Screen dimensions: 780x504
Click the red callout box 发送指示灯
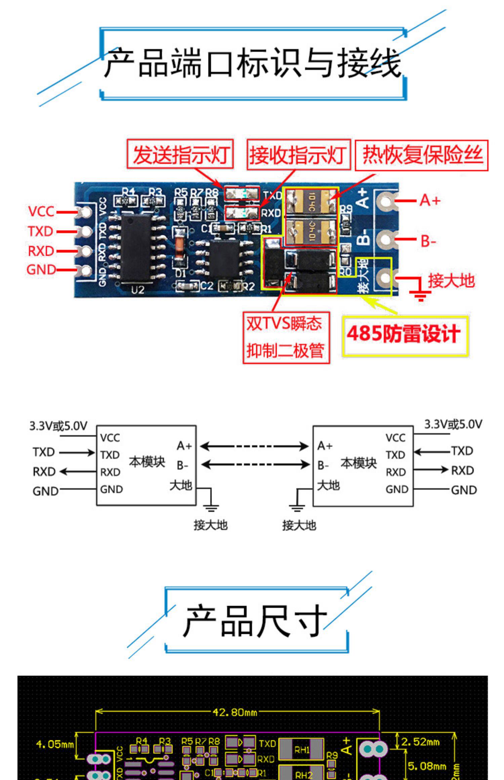tap(180, 154)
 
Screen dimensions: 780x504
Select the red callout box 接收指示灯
tap(298, 155)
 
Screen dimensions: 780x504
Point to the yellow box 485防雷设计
tap(405, 335)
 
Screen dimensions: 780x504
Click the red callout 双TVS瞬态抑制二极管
tap(286, 337)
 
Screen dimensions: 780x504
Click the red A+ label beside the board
tap(430, 201)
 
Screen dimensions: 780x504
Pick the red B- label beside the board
tap(428, 241)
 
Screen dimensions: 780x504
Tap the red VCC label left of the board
tap(41, 212)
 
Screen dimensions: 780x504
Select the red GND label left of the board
tap(41, 269)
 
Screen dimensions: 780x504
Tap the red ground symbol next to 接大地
tap(419, 292)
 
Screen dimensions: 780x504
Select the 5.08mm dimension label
tap(427, 767)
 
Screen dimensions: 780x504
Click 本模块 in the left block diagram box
tap(147, 462)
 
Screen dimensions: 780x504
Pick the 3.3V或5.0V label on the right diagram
tap(453, 424)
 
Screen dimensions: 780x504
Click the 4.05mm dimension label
tap(55, 744)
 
